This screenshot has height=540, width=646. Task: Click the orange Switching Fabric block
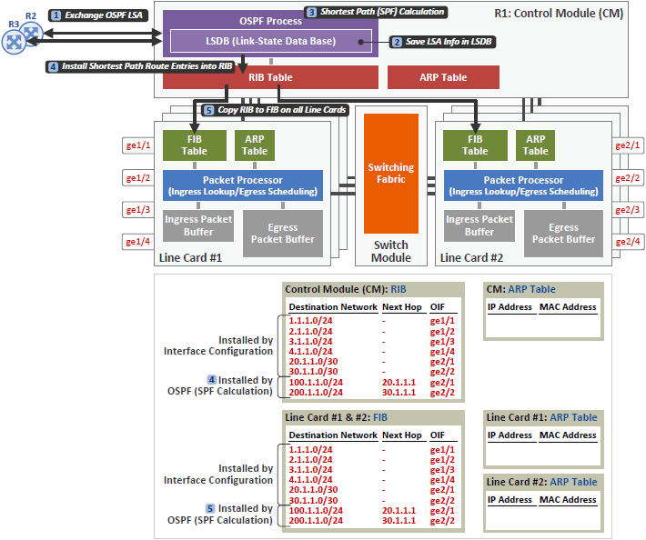(x=391, y=174)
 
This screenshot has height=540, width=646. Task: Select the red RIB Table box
(x=270, y=77)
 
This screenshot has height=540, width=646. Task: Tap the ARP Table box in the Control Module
(x=443, y=77)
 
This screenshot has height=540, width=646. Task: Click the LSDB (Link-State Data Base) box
(x=270, y=41)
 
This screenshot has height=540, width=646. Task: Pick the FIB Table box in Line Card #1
(x=195, y=145)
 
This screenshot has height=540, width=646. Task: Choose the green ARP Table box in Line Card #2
(x=535, y=145)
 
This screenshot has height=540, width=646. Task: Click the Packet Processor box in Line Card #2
(x=523, y=185)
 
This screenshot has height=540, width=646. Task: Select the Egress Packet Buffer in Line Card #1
(x=283, y=234)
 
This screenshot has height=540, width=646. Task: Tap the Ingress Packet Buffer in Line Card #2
(x=479, y=225)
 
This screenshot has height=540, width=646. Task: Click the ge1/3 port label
(x=138, y=210)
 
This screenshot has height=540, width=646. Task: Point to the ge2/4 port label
(x=628, y=242)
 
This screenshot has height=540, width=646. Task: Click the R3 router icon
(x=14, y=42)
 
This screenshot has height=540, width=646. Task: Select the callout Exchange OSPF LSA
(x=98, y=15)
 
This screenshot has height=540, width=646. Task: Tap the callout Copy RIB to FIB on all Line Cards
(x=275, y=110)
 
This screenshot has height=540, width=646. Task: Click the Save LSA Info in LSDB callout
(x=442, y=42)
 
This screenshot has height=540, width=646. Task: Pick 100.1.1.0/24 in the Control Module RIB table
(x=316, y=383)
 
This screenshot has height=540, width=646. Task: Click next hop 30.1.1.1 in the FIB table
(x=399, y=520)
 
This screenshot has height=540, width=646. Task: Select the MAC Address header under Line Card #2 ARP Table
(x=568, y=500)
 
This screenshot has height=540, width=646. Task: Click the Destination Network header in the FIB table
(x=333, y=435)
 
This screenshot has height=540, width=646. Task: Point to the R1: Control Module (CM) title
(x=559, y=13)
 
